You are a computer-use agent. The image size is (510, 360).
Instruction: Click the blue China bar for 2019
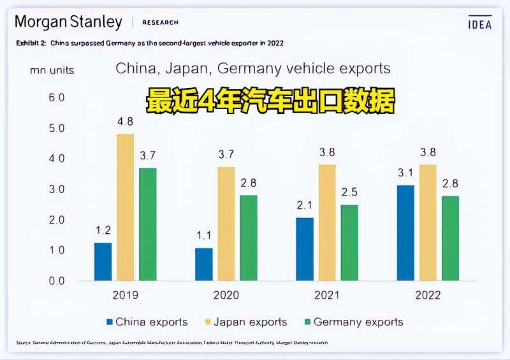point(103,261)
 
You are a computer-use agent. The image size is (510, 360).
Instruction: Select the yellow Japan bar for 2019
point(126,207)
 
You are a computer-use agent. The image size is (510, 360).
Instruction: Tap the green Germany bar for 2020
point(249,237)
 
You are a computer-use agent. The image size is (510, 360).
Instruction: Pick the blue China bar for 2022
point(405,233)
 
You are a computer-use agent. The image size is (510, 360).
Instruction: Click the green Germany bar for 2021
point(349,242)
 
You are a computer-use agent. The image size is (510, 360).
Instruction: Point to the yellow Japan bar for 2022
point(428,222)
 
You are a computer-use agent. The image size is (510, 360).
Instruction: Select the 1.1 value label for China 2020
point(204,234)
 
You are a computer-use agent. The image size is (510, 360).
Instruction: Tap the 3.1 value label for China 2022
point(406,173)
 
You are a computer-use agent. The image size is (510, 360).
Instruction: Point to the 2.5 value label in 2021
point(349,192)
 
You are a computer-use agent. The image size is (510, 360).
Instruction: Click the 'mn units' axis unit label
point(52,70)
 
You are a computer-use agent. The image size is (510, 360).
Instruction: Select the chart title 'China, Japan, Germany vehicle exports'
point(253,68)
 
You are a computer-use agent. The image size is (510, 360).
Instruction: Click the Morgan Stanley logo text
point(68,22)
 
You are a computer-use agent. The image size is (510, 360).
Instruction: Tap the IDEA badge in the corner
point(480,24)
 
